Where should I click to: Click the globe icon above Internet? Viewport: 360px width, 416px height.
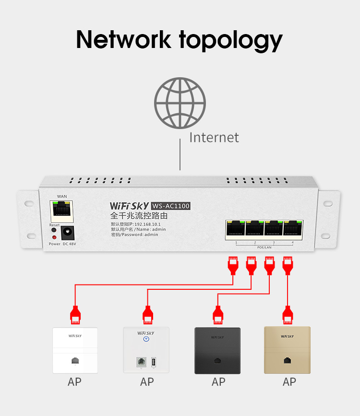[x=180, y=103]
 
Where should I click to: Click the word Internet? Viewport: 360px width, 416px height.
[x=214, y=137]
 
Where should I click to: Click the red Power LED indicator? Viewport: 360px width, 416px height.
[x=54, y=237]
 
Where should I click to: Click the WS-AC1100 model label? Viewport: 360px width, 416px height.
[x=171, y=206]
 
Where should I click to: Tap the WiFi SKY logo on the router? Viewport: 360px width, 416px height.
[x=129, y=206]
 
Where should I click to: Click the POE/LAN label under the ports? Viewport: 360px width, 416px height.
[x=264, y=247]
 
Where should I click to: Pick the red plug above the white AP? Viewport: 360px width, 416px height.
[x=75, y=315]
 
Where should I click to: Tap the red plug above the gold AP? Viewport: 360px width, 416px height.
[x=288, y=314]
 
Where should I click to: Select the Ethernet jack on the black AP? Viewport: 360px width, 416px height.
[x=218, y=360]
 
